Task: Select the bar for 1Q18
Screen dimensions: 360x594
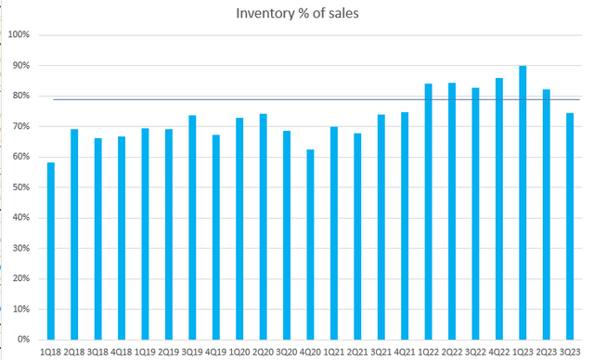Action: tap(51, 251)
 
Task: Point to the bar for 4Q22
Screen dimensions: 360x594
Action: tap(498, 209)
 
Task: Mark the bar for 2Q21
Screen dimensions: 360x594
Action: tap(357, 237)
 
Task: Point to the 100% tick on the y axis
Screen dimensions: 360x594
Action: tap(19, 35)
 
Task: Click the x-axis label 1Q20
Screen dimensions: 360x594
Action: tap(239, 351)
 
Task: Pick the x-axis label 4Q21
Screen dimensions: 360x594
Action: tap(404, 351)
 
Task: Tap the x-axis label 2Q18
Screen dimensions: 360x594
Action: tap(74, 351)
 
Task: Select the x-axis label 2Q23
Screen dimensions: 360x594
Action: tap(546, 351)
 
